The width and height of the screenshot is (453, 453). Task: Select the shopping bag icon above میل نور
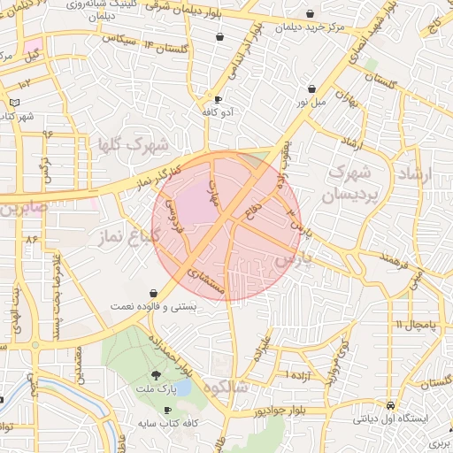point(312,89)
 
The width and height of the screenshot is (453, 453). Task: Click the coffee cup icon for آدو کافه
point(219,100)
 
